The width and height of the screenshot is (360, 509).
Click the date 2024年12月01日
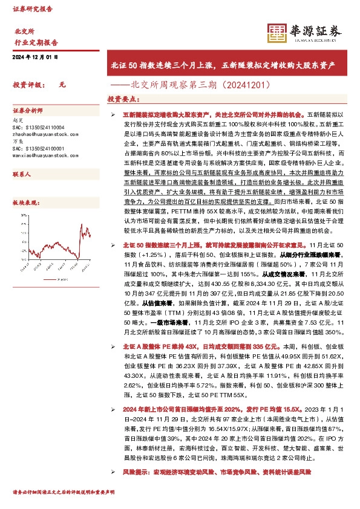click(x=35, y=57)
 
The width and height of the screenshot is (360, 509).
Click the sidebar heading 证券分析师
click(x=28, y=111)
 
